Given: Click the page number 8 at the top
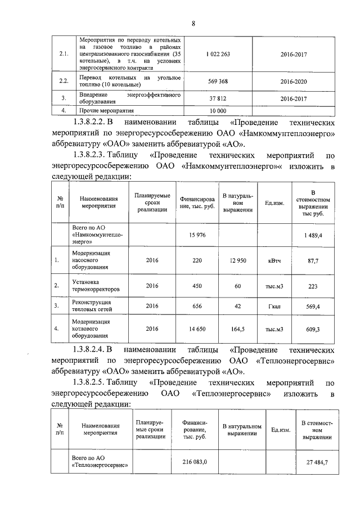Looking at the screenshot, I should point(193,23).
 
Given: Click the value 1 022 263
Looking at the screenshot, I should point(218,53).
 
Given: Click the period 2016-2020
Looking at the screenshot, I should point(294,80).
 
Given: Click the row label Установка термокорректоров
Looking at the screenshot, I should point(96,285).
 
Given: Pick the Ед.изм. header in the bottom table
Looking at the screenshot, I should point(281,430).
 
